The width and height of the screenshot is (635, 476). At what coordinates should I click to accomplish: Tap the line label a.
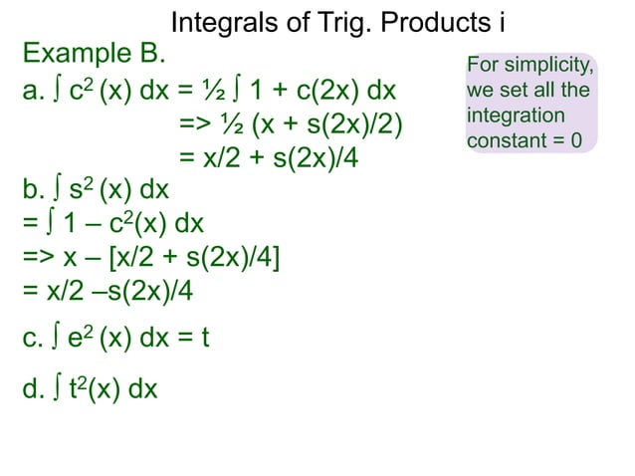33,92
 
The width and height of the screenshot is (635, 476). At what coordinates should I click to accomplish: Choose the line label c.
32,339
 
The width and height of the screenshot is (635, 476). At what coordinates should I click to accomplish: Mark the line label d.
33,388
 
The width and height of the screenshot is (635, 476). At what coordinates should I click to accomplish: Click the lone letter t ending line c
205,339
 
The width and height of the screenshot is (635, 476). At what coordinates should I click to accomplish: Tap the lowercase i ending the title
489,23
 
